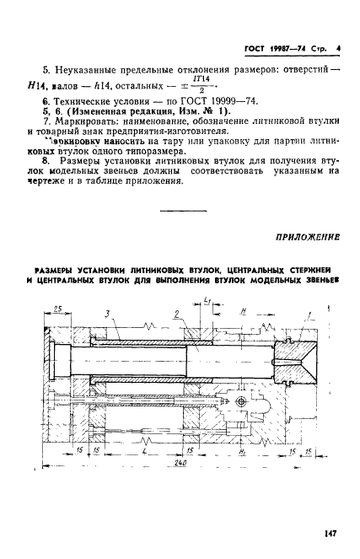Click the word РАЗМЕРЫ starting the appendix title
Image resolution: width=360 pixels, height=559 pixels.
[x=60, y=268]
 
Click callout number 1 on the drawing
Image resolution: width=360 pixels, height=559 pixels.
[x=309, y=314]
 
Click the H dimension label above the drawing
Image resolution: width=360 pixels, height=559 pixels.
[x=243, y=311]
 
